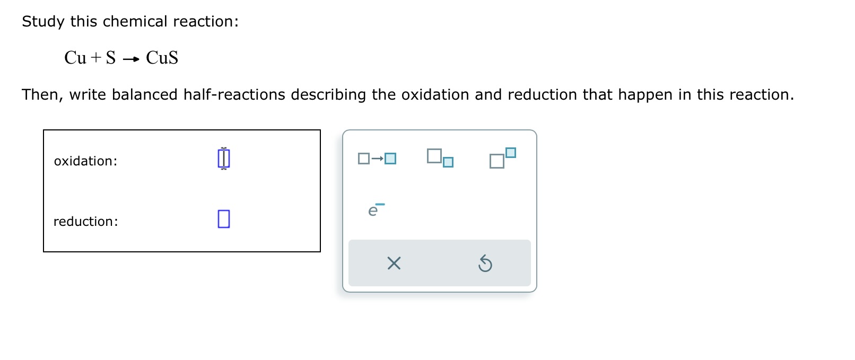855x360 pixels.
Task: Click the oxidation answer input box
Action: [x=224, y=159]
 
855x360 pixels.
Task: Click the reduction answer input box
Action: [x=224, y=219]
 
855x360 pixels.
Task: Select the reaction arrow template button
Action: [x=377, y=159]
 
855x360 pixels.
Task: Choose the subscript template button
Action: [x=440, y=158]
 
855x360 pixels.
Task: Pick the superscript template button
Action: [x=502, y=158]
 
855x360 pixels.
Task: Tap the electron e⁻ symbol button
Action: [x=376, y=210]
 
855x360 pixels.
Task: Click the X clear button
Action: [x=394, y=263]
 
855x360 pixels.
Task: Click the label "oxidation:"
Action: [x=85, y=161]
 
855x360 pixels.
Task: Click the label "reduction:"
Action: [x=85, y=222]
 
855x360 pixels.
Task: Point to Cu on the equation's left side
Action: [x=75, y=58]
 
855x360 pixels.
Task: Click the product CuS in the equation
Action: [x=162, y=58]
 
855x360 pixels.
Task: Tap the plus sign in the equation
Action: [x=96, y=58]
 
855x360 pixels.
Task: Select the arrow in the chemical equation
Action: [x=131, y=59]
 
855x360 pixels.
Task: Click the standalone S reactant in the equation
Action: [x=111, y=58]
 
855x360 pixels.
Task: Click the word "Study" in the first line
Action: [x=43, y=22]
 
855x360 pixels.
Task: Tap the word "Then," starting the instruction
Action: [x=42, y=95]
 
